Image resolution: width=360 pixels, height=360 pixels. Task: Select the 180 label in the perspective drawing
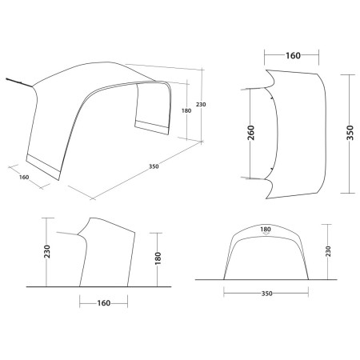click(186, 110)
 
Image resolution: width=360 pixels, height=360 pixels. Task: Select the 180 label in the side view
click(159, 258)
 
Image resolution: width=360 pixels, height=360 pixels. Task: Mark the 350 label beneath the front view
click(267, 294)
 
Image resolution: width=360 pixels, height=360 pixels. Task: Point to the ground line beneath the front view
click(264, 279)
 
